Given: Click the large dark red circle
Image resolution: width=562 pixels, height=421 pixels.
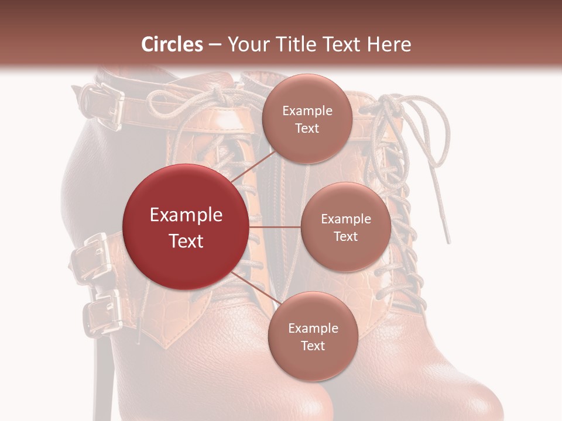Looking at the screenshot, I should tap(186, 227).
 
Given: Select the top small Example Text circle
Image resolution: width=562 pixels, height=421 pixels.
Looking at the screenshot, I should tap(307, 119).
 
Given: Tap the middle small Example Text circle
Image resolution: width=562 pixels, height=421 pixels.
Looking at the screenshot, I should tap(345, 227).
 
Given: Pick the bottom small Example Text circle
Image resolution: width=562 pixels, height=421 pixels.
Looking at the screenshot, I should tap(313, 336).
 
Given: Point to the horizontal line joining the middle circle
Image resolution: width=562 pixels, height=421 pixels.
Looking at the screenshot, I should tap(275, 227).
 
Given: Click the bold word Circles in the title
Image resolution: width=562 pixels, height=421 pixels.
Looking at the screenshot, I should tap(172, 44).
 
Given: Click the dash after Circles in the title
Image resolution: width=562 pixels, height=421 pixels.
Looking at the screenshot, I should tap(215, 44).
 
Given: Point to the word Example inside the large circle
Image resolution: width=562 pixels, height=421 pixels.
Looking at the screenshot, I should tap(186, 215).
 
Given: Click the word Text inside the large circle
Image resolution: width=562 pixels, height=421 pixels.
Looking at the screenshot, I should tap(186, 241).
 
